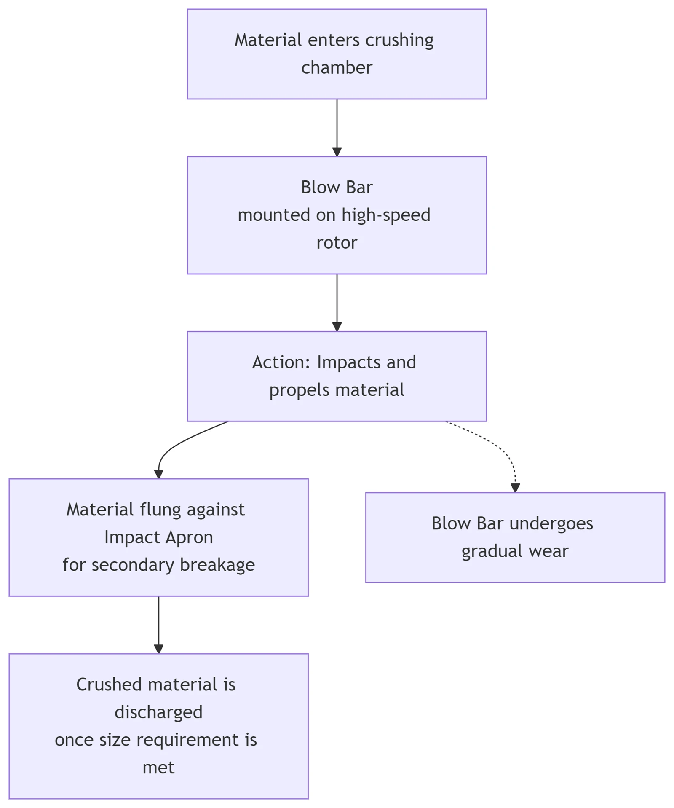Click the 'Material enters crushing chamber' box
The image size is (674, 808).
click(337, 54)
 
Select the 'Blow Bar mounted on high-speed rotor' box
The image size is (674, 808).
click(337, 215)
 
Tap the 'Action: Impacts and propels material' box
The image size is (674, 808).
click(337, 376)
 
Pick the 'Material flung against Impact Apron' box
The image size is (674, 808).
click(159, 537)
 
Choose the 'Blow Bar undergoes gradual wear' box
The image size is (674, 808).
click(515, 537)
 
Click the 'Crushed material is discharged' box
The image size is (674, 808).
click(159, 726)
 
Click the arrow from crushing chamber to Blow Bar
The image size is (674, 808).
click(337, 128)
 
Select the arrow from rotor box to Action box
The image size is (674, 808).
click(337, 303)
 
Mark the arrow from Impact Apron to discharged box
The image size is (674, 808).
click(159, 625)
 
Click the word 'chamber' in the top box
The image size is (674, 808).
click(337, 67)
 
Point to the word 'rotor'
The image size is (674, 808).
click(337, 243)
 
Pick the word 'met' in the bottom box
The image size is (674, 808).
click(158, 768)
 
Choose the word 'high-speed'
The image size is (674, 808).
click(386, 215)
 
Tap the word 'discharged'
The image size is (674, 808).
click(158, 712)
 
